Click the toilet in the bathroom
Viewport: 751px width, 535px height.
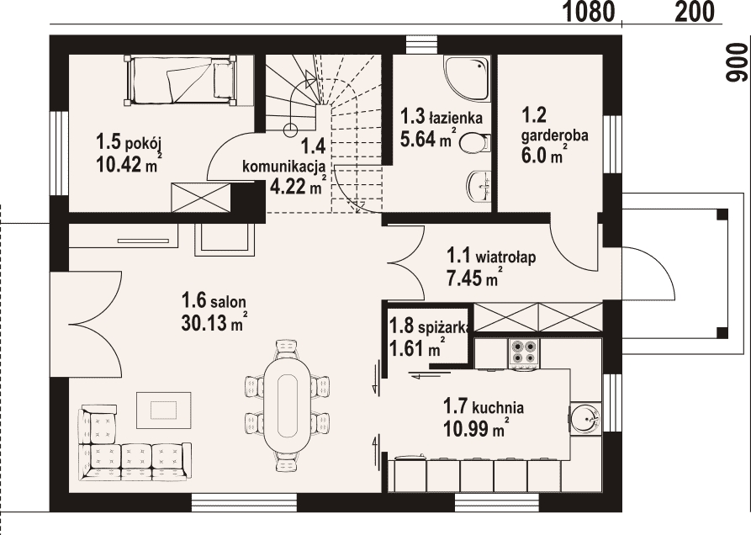click(475, 143)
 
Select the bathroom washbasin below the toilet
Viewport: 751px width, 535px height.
click(479, 185)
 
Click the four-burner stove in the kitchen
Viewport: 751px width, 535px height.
click(523, 354)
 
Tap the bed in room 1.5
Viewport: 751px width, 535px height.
click(181, 80)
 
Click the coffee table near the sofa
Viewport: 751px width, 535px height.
click(164, 410)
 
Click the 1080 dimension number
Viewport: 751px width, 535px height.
click(588, 12)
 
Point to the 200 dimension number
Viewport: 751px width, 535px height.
click(695, 12)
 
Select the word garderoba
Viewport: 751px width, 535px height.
click(554, 135)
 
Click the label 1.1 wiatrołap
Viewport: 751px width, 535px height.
click(491, 256)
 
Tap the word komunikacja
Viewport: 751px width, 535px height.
click(284, 167)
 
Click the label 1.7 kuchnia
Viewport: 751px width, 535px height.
click(484, 407)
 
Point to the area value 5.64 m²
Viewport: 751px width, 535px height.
click(428, 139)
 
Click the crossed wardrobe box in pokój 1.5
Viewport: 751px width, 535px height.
click(201, 197)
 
